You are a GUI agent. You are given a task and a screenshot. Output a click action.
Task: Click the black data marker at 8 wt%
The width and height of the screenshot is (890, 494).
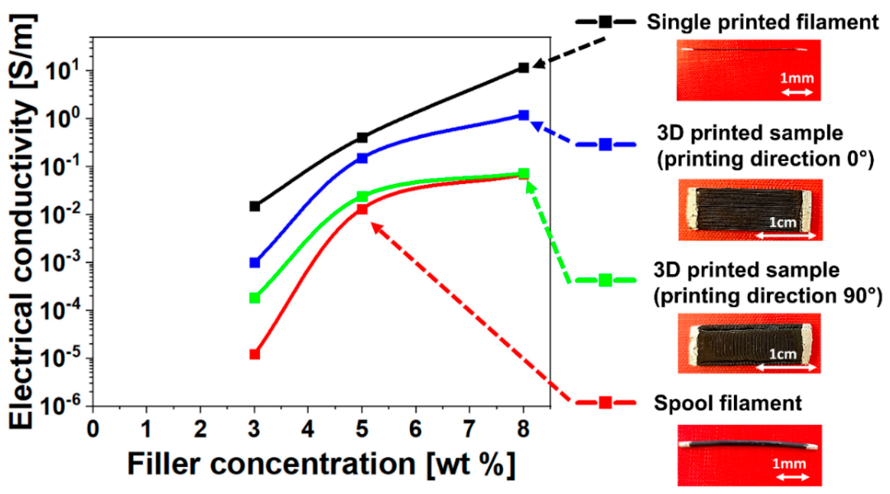523,68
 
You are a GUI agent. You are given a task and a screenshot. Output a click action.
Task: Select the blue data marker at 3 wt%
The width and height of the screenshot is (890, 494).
254,263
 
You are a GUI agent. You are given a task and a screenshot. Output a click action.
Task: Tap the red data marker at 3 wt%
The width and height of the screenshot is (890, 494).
254,354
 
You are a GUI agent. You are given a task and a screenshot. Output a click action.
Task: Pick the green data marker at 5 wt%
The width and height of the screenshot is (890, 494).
362,196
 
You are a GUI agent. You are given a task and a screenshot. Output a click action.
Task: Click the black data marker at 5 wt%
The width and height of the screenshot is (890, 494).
362,138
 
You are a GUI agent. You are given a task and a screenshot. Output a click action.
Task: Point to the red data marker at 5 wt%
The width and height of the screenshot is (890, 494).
362,209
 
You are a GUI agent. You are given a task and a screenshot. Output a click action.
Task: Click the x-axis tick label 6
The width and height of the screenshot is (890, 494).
415,430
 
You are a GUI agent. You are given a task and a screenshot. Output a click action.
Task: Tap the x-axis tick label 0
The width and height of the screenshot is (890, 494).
93,430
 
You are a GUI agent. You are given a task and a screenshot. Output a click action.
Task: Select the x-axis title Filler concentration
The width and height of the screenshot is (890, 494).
321,464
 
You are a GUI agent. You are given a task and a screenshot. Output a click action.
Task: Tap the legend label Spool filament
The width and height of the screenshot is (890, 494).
728,403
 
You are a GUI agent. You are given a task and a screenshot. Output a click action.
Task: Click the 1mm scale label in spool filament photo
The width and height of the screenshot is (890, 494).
789,463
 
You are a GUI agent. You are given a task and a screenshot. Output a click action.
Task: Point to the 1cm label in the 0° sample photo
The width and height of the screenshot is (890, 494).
782,222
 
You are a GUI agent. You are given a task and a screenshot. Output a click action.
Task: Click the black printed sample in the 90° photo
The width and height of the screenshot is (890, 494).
746,344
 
